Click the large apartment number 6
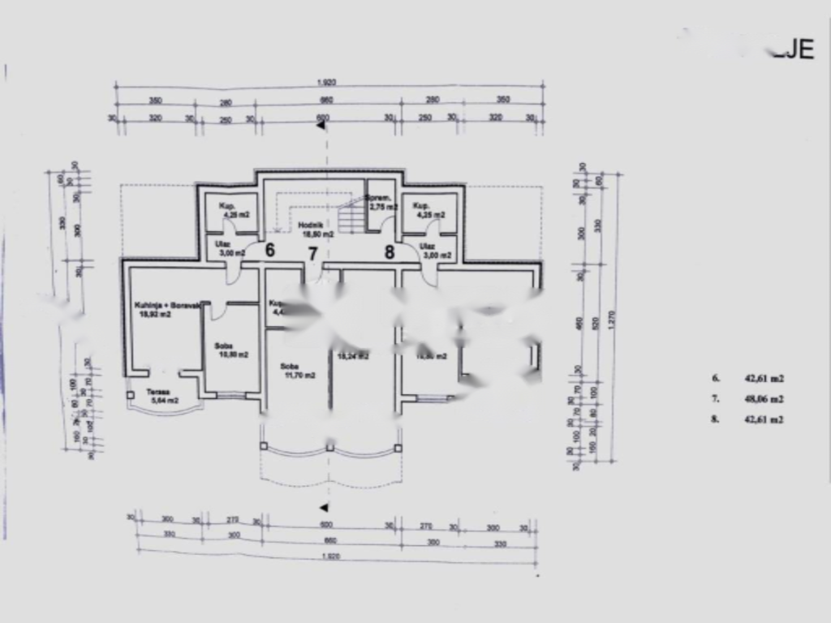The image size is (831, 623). (269, 251)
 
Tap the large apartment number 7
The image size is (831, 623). (312, 253)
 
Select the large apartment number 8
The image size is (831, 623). (390, 251)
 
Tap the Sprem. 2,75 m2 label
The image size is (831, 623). (379, 203)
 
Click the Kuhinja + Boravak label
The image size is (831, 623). (161, 309)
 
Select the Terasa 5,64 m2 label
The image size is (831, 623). (162, 394)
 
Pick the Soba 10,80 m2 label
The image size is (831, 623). (230, 350)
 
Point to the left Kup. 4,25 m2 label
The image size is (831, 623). (230, 210)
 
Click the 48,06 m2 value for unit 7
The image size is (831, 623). (764, 399)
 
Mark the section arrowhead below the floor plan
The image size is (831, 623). (323, 508)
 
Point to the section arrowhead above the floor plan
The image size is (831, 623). (321, 126)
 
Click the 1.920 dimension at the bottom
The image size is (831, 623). (330, 556)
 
